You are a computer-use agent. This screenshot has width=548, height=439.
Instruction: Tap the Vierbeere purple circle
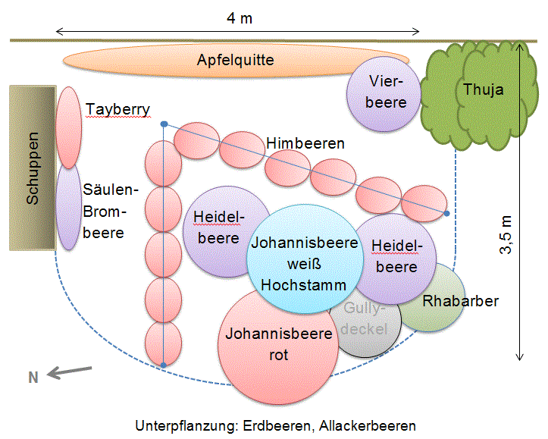click(x=384, y=92)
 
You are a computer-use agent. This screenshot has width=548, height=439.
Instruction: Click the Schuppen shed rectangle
click(x=32, y=168)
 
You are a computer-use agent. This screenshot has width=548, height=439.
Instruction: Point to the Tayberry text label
click(x=117, y=109)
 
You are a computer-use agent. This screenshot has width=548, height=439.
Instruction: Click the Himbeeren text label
click(x=305, y=143)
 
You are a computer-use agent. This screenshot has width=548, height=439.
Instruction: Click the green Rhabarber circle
click(x=440, y=303)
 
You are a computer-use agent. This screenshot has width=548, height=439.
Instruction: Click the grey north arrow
click(x=69, y=372)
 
